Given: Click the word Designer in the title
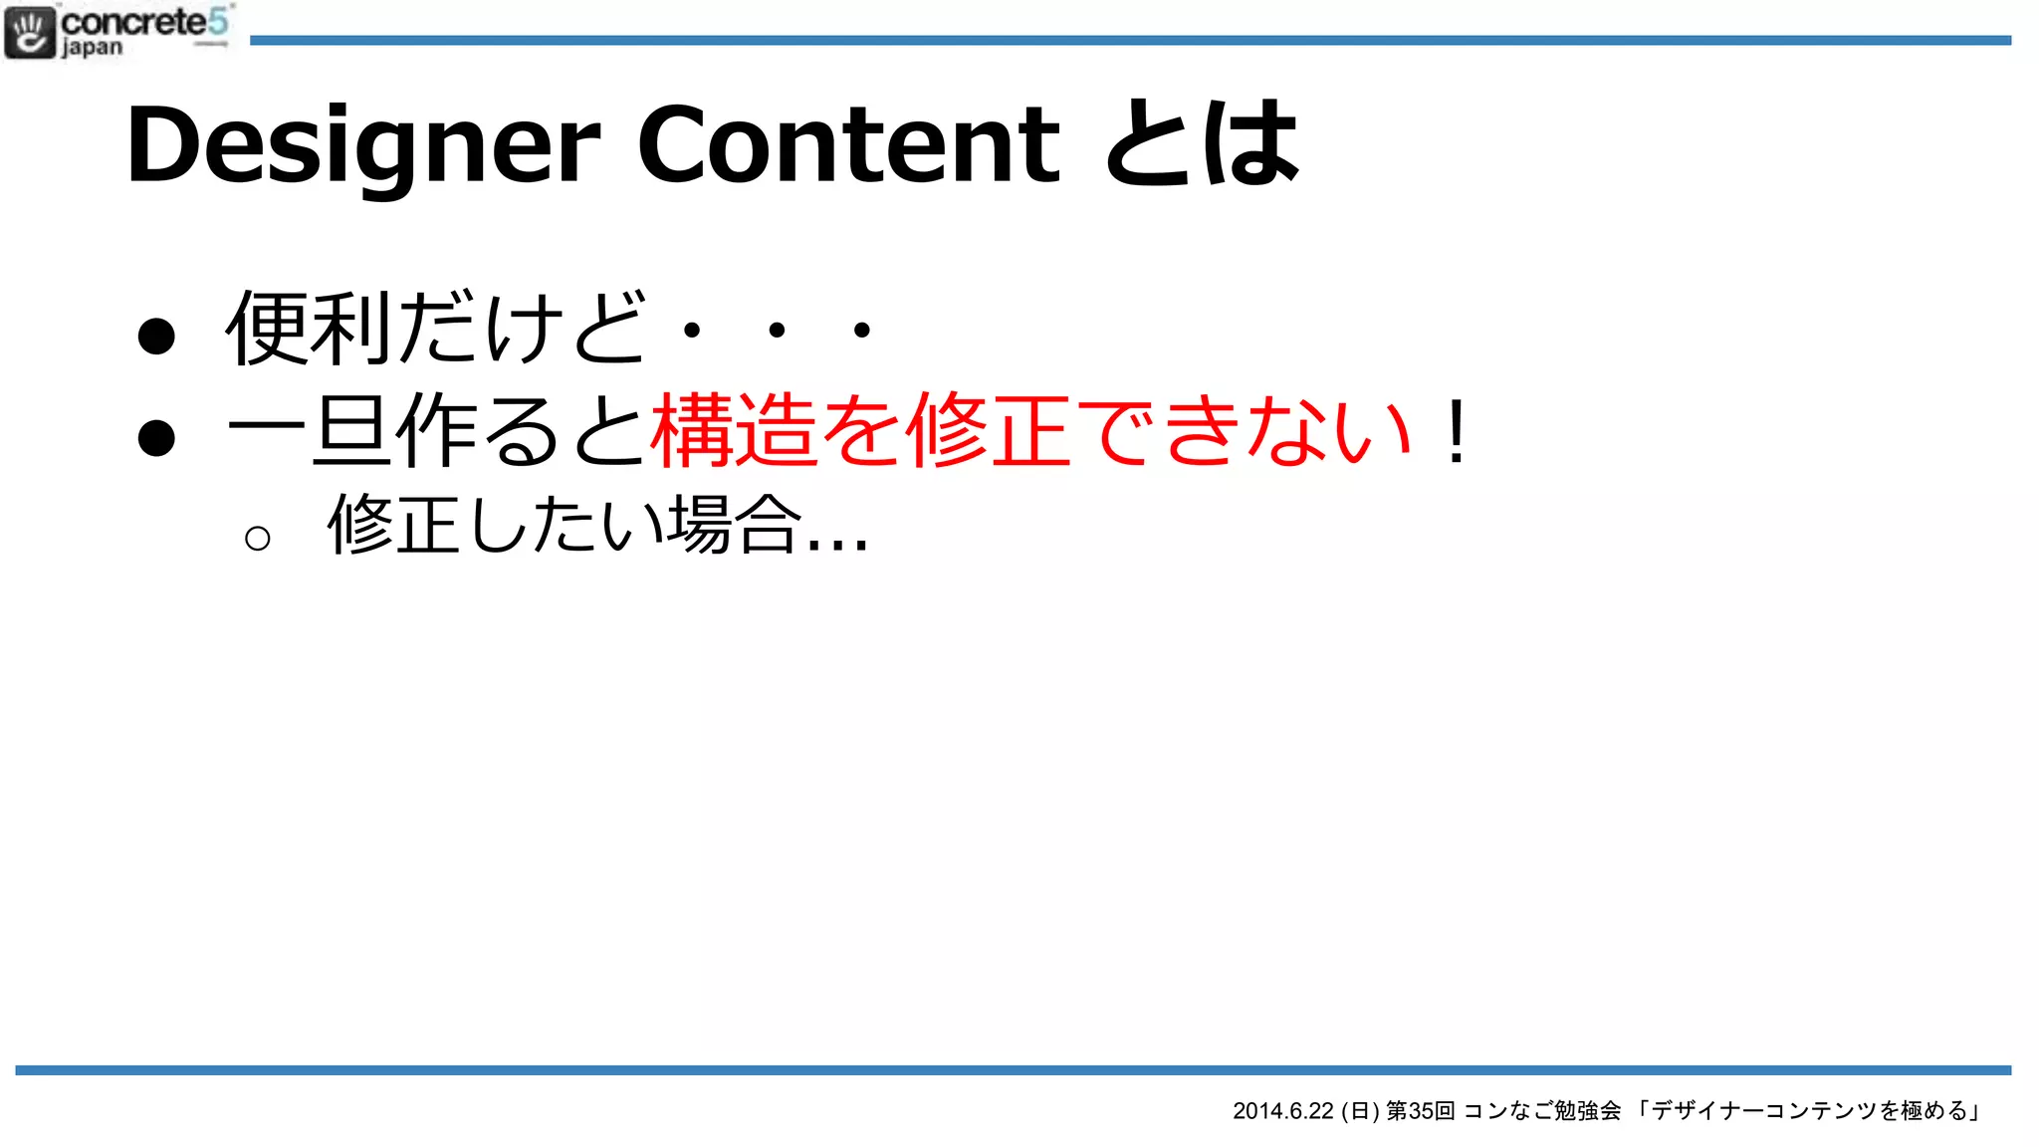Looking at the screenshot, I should point(363,147).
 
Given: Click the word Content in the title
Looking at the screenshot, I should point(848,145).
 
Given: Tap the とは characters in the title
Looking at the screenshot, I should point(1203,145).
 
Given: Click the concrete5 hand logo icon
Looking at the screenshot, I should point(30,32).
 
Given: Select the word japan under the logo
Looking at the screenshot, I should point(92,48).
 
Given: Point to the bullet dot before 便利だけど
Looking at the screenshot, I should point(156,336).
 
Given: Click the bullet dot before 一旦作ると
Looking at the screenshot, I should point(156,438).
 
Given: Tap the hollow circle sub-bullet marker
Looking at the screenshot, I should point(257,539).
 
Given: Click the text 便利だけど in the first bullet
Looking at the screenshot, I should point(436,328).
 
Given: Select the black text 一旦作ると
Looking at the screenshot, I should point(436,431).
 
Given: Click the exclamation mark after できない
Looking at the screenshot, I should point(1457,432).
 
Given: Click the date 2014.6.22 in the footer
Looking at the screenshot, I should point(1282,1111).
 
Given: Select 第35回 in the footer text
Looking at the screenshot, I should point(1421,1111).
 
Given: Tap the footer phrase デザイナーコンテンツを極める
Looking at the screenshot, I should point(1809,1111).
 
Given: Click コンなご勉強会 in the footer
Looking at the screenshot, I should point(1542,1111).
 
